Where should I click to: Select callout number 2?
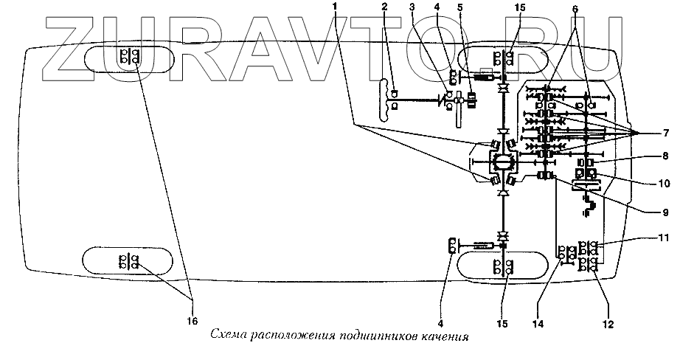(x=384, y=7)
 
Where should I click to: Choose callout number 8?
(x=644, y=156)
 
